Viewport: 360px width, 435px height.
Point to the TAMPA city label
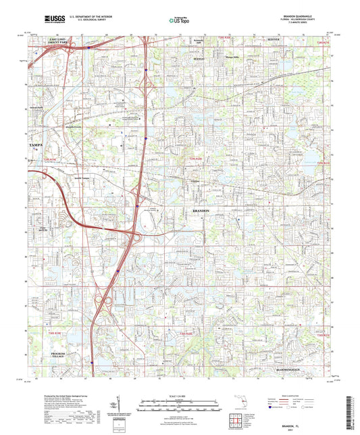(x=35, y=145)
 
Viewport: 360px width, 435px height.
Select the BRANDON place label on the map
(x=197, y=211)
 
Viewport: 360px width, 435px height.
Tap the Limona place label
(x=195, y=182)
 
